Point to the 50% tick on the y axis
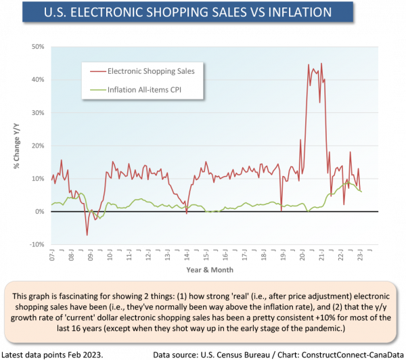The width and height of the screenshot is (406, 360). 38,47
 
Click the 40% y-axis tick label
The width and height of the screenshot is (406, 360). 38,80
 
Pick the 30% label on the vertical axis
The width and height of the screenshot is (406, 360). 38,113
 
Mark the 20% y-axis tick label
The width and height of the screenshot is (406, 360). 38,145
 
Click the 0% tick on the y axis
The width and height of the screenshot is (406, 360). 40,212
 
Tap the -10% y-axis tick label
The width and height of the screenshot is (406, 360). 37,244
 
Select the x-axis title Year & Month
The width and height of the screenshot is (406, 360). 210,269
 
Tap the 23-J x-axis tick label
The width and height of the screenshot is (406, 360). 359,258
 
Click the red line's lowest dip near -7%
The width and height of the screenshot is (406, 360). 87,235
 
